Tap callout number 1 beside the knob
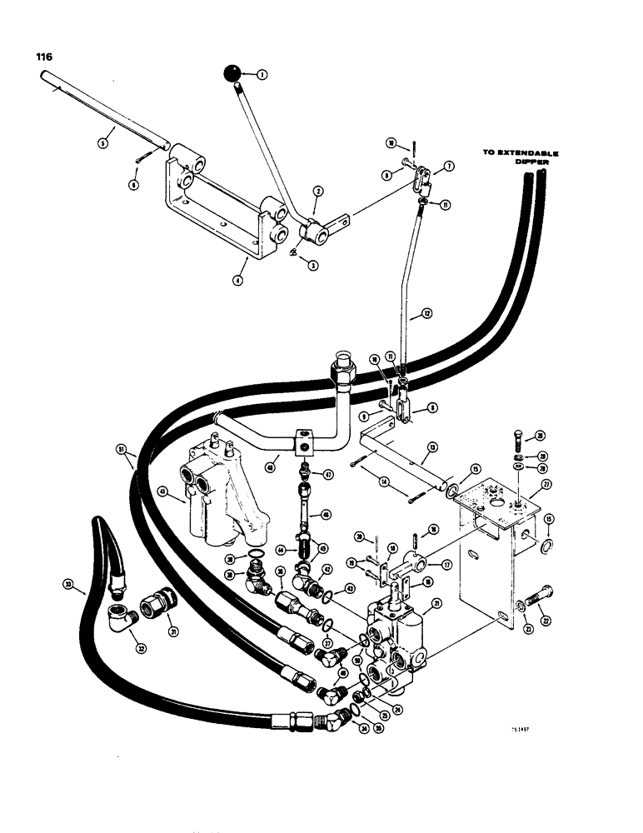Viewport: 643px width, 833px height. pyautogui.click(x=262, y=75)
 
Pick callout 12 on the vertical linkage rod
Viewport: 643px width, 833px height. pyautogui.click(x=426, y=314)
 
